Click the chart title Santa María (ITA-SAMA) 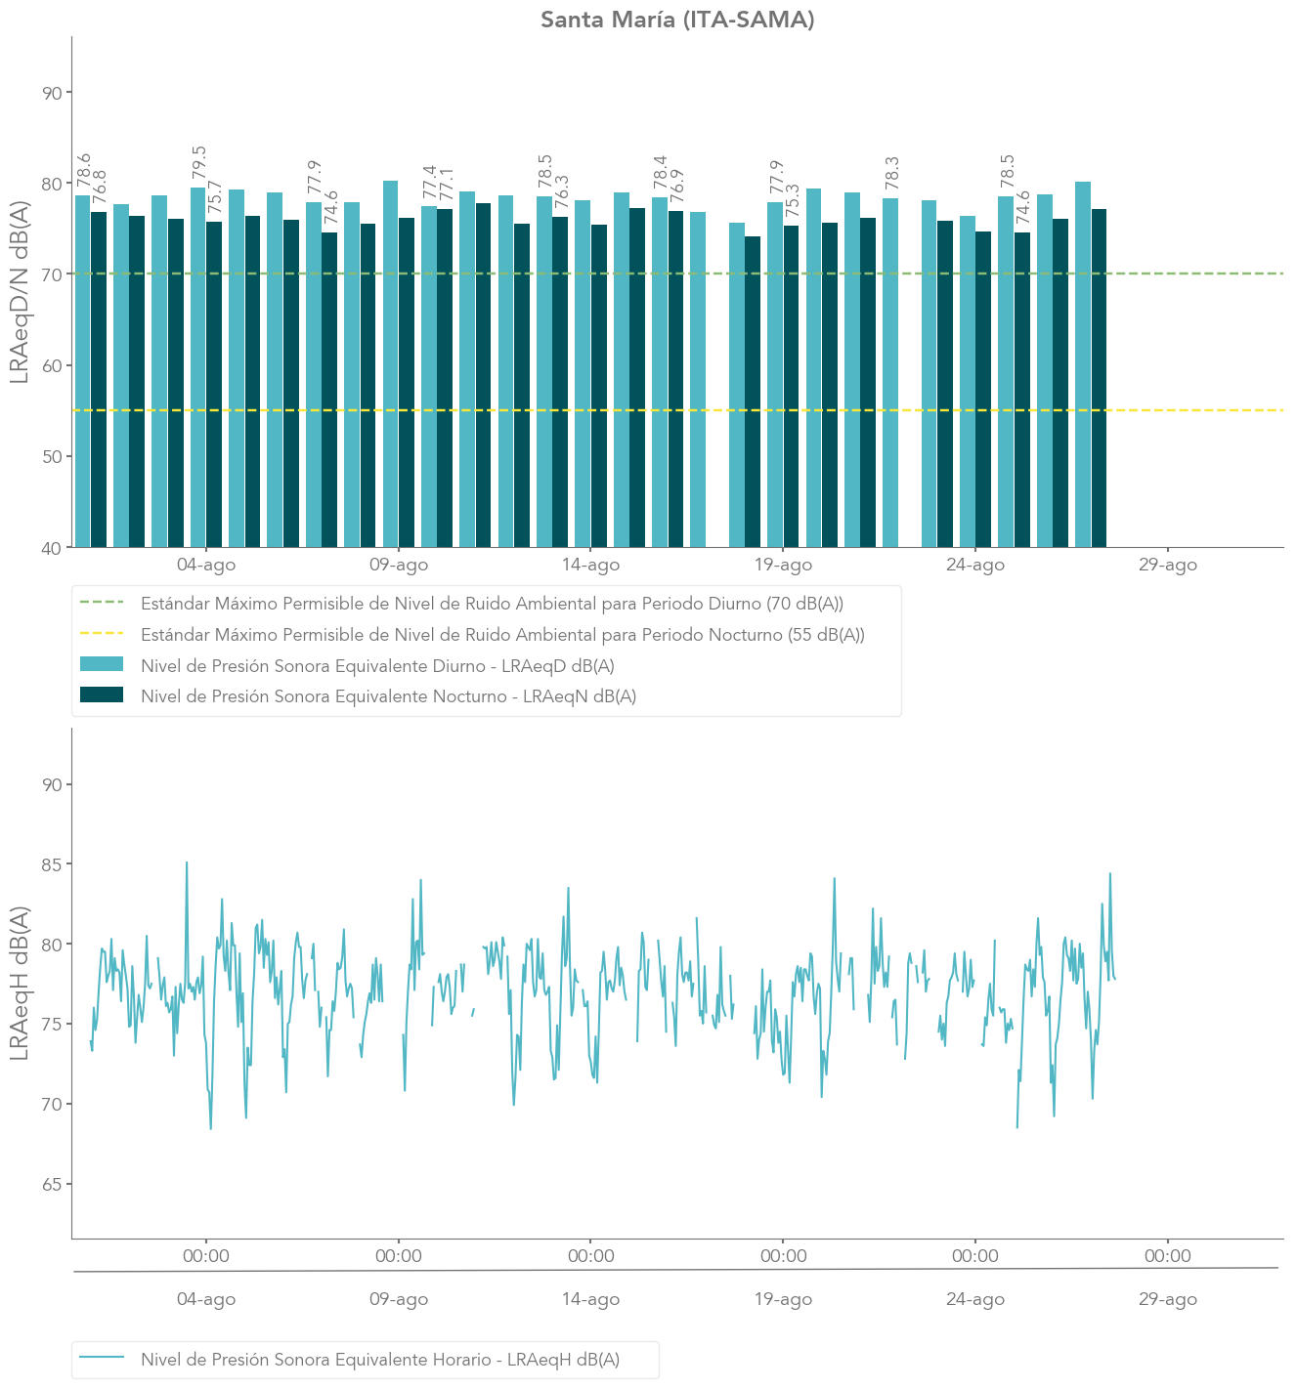point(677,20)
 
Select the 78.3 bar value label point(891,173)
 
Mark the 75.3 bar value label point(792,201)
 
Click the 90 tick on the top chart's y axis point(52,93)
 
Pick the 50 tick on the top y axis point(52,456)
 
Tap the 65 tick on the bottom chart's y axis point(52,1184)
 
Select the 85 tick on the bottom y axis point(52,864)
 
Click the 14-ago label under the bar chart point(590,565)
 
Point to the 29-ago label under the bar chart point(1167,565)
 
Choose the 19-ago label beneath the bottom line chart point(783,1299)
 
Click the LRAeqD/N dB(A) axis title point(20,292)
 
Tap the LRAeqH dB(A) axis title point(20,983)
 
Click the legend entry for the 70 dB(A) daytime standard point(492,604)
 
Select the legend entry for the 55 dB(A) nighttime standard point(502,635)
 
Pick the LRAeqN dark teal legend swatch point(102,695)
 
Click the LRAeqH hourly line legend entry point(379,1359)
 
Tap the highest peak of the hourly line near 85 point(187,863)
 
